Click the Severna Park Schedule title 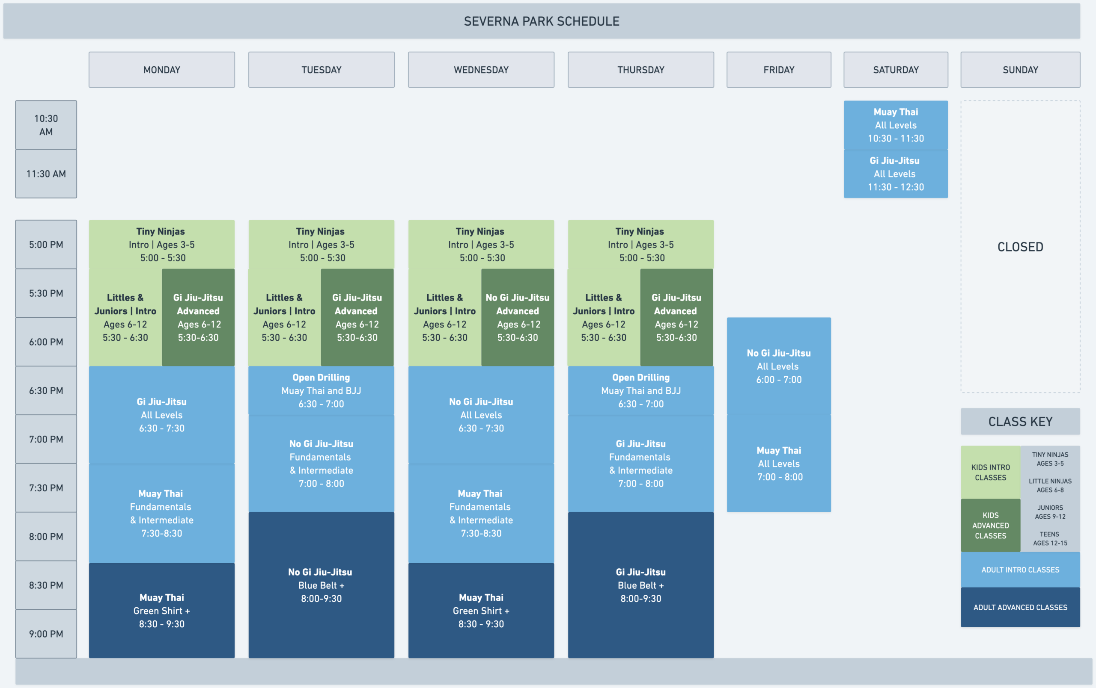(542, 21)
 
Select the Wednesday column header (481, 70)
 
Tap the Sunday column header (1020, 70)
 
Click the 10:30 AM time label (46, 125)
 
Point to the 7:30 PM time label (46, 488)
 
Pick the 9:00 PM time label (46, 634)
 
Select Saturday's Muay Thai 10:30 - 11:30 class (896, 125)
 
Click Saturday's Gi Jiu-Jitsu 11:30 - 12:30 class (896, 174)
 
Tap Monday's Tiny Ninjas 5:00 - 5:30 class (161, 245)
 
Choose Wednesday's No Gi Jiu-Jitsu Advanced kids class (518, 317)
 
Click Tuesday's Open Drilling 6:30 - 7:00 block (322, 391)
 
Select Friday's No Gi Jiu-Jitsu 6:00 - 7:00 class (779, 366)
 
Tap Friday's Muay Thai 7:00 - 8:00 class (779, 464)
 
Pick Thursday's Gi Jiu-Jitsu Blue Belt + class (641, 585)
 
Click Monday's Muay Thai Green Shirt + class (161, 611)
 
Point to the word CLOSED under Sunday (1020, 247)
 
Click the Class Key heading (1020, 422)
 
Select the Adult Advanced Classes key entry (1020, 608)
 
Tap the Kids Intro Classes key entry (990, 472)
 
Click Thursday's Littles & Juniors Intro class (604, 317)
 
